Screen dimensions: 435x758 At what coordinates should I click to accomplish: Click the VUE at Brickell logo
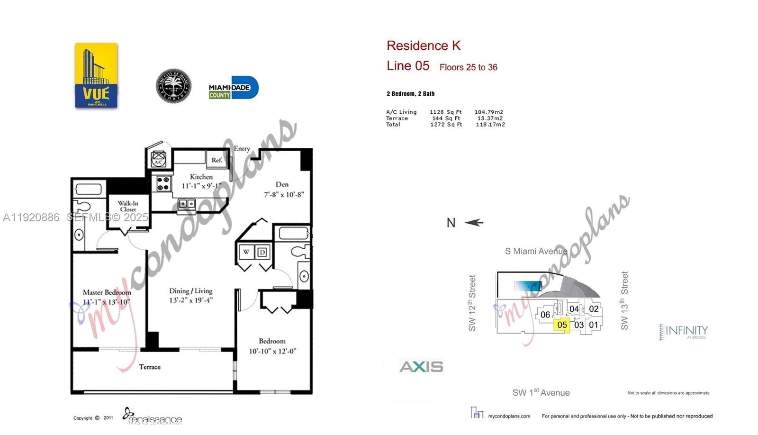point(96,75)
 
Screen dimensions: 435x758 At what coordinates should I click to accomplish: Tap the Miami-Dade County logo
point(233,88)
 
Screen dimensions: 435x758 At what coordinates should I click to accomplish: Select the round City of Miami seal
point(173,86)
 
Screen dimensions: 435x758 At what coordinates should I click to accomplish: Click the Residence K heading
point(423,45)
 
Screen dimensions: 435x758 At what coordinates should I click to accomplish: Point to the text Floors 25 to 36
point(468,67)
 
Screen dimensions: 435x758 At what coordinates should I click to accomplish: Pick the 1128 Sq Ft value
point(445,112)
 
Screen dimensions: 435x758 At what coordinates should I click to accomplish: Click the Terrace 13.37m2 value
point(490,118)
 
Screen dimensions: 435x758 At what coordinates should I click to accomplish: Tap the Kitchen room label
point(201,177)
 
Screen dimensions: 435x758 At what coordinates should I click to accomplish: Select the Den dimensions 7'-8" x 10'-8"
point(284,194)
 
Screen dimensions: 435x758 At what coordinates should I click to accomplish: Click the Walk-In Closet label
point(128,206)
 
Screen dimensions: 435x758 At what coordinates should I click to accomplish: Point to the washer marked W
point(246,252)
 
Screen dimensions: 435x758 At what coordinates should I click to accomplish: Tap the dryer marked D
point(262,252)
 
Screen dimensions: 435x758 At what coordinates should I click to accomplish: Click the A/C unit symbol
point(159,158)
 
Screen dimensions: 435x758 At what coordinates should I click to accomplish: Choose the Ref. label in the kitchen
point(217,160)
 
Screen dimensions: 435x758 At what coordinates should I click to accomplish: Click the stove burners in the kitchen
point(163,183)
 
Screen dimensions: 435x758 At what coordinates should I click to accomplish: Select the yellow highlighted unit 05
point(562,325)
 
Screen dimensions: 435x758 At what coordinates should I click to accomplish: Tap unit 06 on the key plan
point(545,315)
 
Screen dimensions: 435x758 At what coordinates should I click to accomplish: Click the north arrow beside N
point(474,222)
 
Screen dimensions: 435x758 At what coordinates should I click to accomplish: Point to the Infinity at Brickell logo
point(684,332)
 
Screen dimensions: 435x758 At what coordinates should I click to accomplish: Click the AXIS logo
point(421,366)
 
